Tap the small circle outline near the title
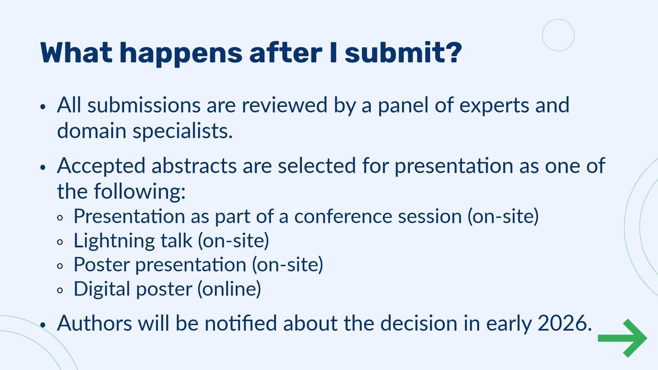(558, 35)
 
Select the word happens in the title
(181, 53)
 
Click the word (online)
(229, 289)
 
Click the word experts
(494, 106)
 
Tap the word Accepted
(101, 166)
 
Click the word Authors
(95, 323)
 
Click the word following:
(140, 192)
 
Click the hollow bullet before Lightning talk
(60, 242)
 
